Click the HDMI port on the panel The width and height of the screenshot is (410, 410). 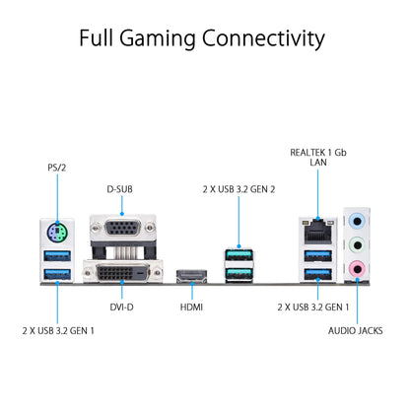190,277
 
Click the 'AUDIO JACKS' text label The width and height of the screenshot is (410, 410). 356,332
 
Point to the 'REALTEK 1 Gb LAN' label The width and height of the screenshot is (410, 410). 318,158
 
